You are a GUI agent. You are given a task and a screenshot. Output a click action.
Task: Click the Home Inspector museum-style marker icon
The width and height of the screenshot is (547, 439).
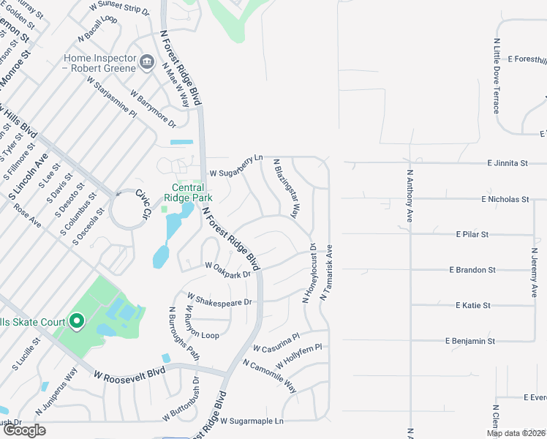(x=147, y=61)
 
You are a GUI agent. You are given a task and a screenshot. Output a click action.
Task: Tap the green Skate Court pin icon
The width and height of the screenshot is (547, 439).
(x=75, y=320)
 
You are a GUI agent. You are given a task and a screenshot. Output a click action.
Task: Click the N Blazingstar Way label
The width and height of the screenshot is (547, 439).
(x=286, y=189)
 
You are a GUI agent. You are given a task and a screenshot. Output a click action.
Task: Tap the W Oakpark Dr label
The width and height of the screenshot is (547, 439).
(x=228, y=270)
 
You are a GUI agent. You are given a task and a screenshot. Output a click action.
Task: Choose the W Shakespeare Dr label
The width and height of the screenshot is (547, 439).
(x=219, y=300)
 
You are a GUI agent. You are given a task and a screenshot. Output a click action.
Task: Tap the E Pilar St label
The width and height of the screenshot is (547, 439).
(x=472, y=234)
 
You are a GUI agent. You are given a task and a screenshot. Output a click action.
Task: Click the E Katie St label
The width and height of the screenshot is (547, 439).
(x=472, y=305)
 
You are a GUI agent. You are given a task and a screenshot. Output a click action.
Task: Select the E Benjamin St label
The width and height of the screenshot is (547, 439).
(x=470, y=341)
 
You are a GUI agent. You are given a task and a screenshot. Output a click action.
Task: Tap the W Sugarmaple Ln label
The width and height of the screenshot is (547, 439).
(x=251, y=421)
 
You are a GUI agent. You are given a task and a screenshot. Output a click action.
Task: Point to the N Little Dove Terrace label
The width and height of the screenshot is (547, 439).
(x=497, y=75)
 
